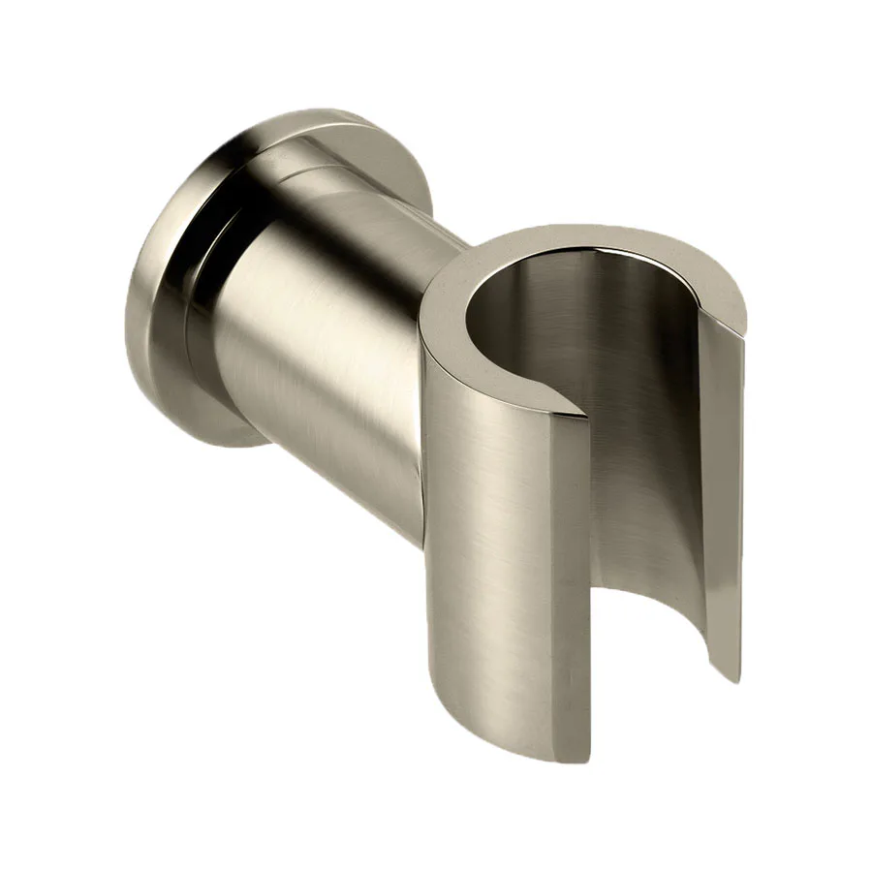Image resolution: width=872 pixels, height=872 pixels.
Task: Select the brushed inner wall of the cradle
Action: [639, 407]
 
